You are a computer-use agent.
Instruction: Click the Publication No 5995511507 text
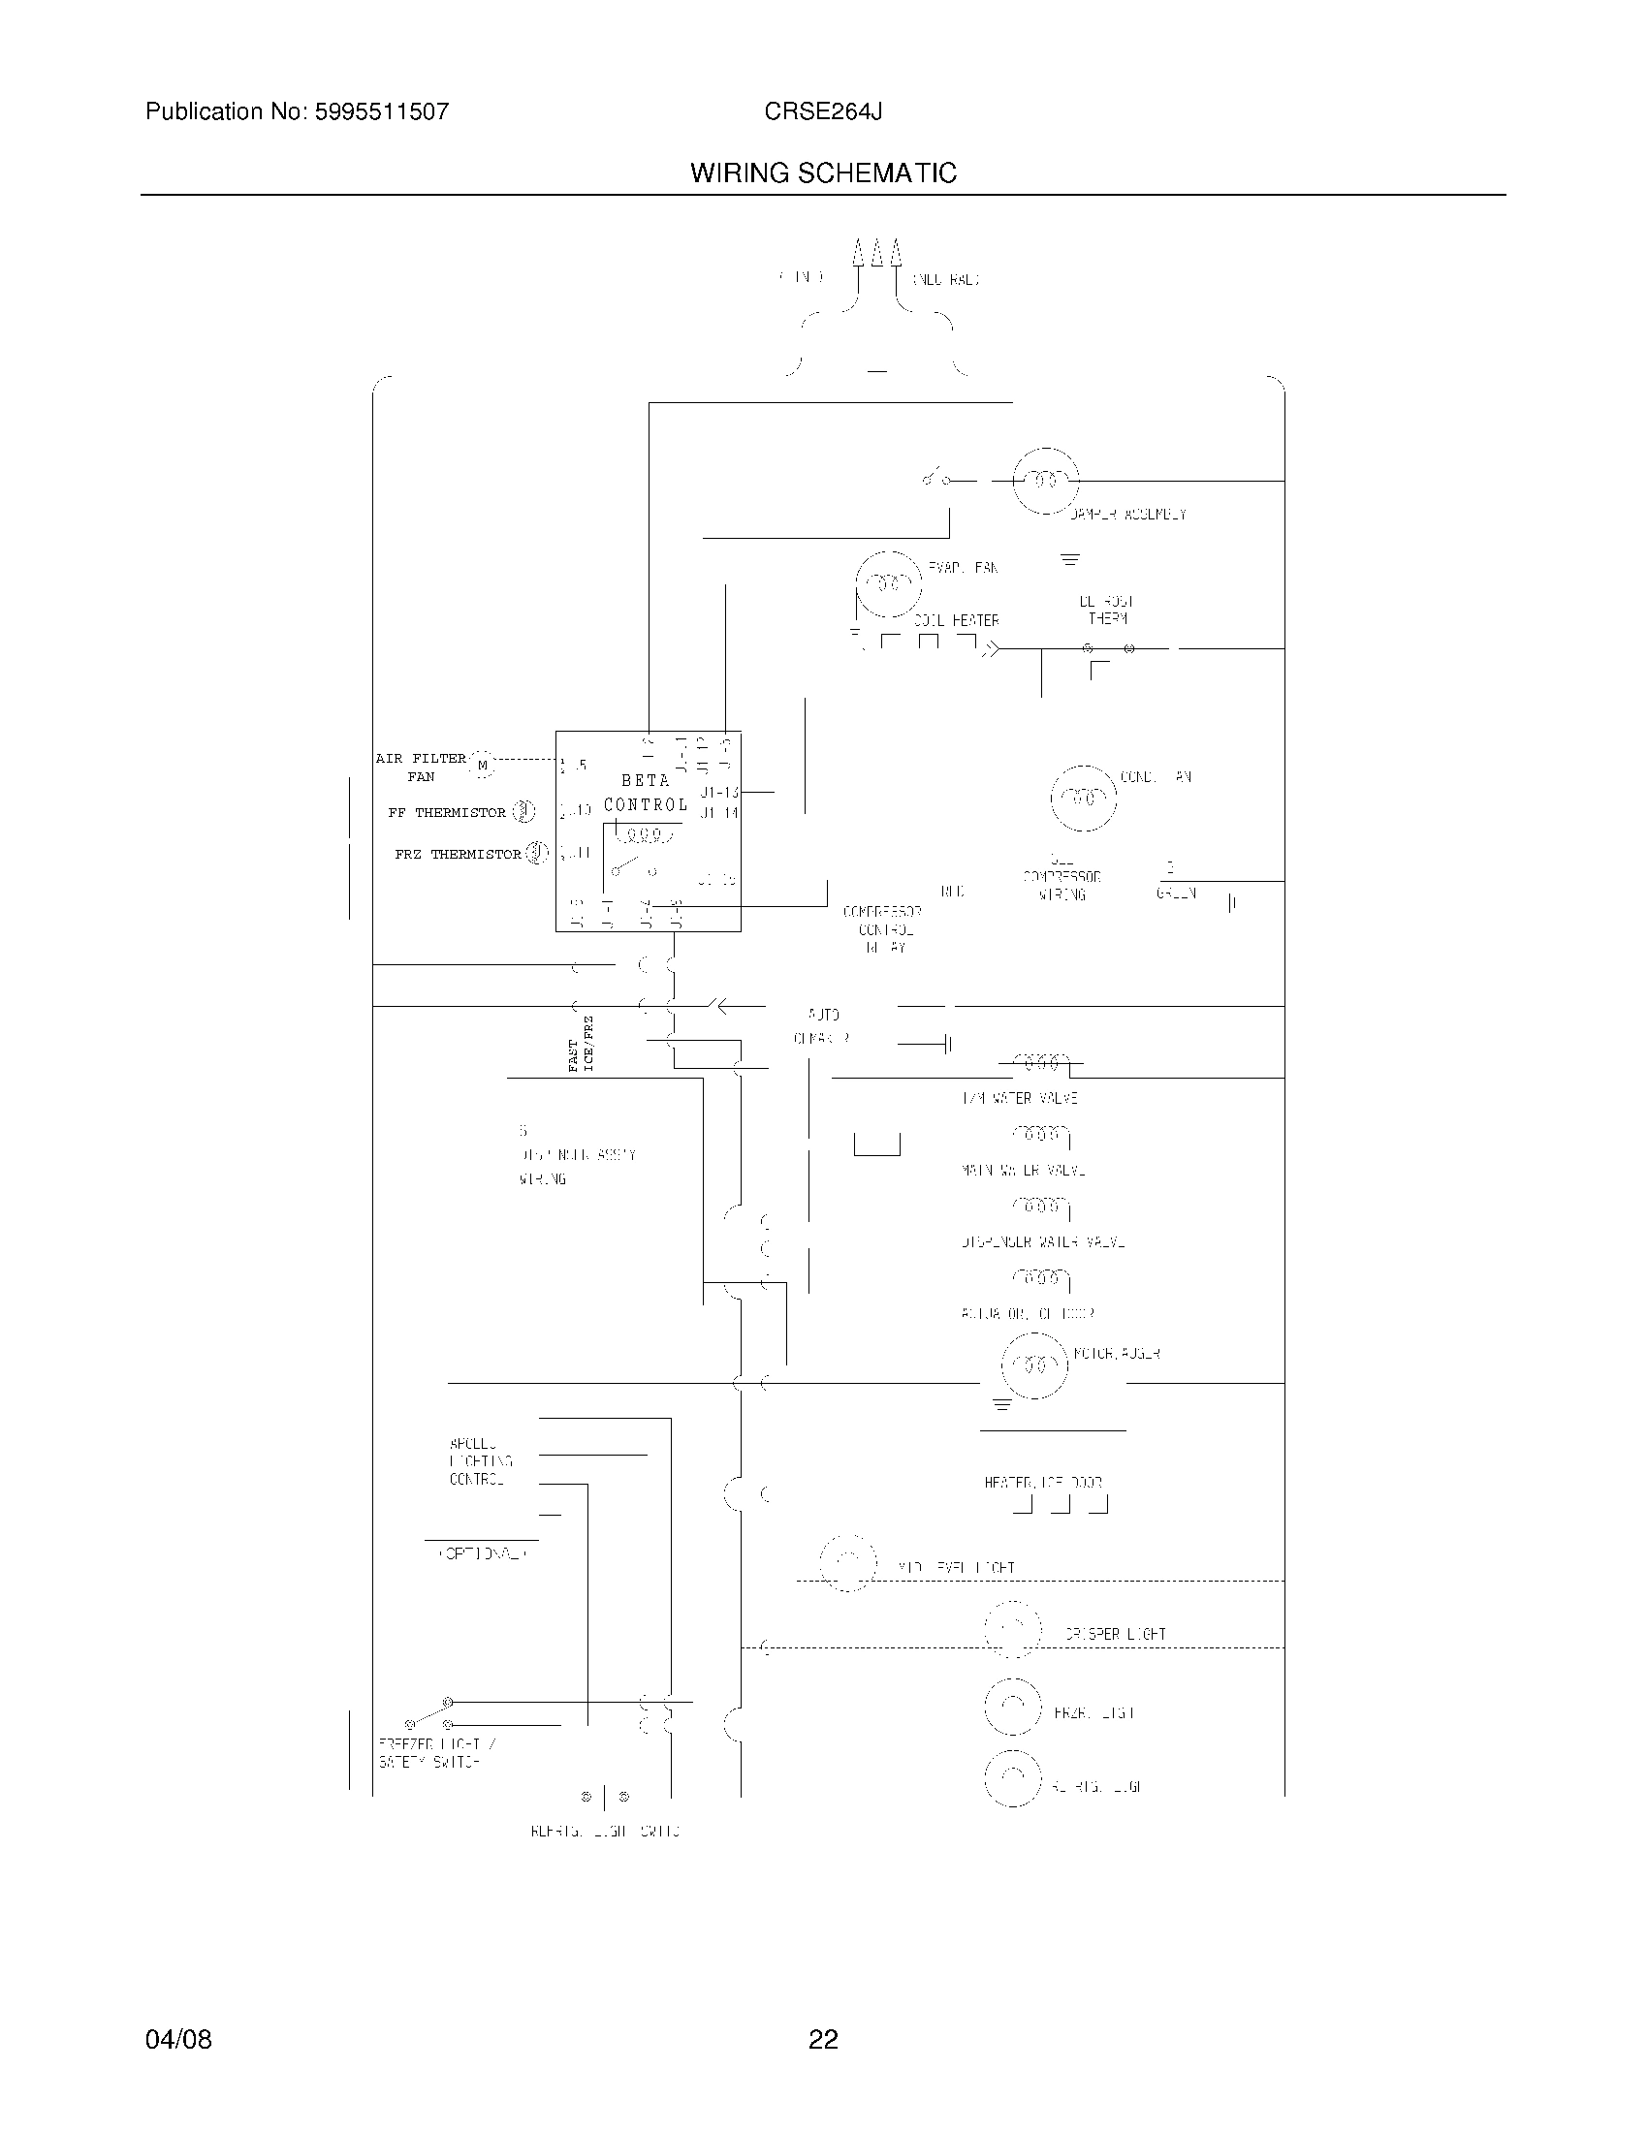point(297,112)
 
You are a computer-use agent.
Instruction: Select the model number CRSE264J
point(823,112)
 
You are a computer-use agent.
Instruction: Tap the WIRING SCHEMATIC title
point(823,173)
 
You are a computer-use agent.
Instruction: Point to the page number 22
point(823,2039)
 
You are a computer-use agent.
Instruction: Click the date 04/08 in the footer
point(178,2039)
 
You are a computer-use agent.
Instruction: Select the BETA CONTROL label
point(646,793)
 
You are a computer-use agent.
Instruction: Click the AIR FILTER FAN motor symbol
point(483,766)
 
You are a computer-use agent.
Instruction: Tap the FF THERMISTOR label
point(446,812)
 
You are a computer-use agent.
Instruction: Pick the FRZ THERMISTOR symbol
point(536,853)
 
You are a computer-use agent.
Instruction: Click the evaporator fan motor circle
point(888,583)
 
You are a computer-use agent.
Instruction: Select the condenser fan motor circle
point(1083,798)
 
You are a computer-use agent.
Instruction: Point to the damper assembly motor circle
point(1046,481)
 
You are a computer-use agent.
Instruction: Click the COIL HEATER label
point(956,621)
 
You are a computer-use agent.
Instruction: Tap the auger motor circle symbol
point(1035,1364)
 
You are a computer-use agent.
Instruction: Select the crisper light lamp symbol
point(1013,1629)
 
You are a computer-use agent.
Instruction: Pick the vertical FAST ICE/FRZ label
point(581,1044)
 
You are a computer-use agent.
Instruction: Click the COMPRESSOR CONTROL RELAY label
point(881,929)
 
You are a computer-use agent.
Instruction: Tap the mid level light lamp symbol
point(847,1562)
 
